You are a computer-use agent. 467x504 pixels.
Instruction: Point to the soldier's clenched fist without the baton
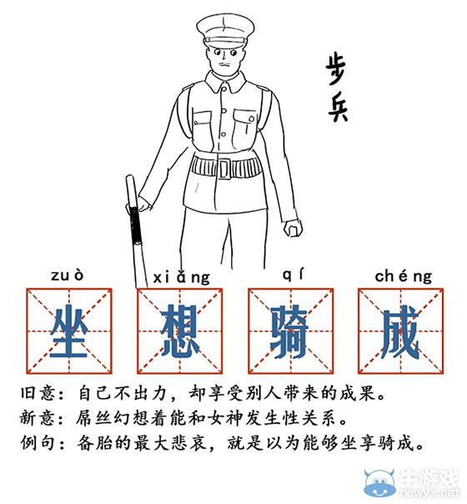(x=291, y=229)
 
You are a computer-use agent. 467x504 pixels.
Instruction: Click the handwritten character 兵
(x=336, y=110)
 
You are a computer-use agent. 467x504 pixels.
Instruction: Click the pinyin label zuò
(x=67, y=275)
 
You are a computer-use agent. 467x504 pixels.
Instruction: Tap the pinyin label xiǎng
(x=181, y=275)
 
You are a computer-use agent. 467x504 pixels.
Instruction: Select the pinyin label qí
(x=290, y=275)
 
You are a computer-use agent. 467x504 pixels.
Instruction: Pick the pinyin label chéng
(x=403, y=275)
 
